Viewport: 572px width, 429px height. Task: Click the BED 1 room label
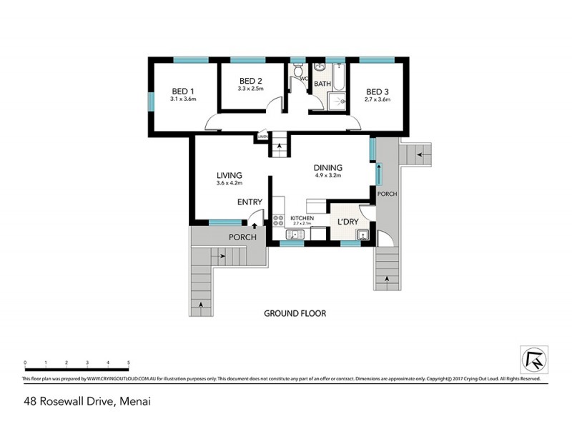pos(183,91)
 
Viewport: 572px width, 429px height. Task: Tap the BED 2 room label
pos(251,81)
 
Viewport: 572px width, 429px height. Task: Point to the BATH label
pos(322,84)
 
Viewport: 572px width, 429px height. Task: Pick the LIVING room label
pos(230,175)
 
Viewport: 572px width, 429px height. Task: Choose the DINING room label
pos(328,168)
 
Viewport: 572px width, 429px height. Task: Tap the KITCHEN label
pos(302,217)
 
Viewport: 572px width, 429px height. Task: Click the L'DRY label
pos(347,222)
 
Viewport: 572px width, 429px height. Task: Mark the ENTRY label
pos(250,202)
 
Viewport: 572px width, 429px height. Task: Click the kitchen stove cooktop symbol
pos(279,220)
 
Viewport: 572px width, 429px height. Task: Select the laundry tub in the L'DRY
pos(363,235)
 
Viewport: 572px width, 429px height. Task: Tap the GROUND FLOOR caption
pos(295,313)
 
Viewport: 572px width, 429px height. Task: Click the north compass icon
pos(535,357)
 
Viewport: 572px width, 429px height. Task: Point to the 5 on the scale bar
pos(129,363)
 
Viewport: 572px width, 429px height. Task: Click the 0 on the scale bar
pos(25,363)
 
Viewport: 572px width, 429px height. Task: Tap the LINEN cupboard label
pos(262,136)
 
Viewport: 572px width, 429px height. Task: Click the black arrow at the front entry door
pos(255,225)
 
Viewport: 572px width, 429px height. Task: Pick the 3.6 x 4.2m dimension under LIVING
pos(230,184)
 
